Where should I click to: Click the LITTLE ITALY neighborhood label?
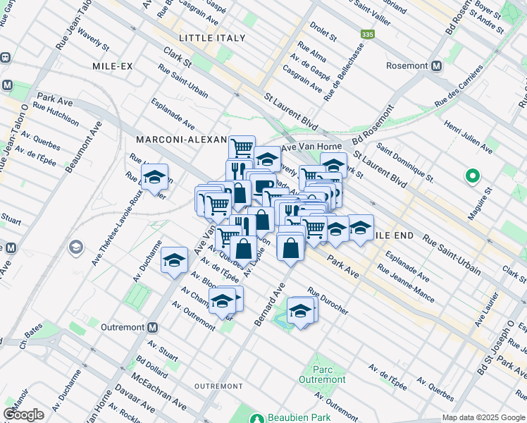point(212,37)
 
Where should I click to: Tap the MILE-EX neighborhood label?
point(113,66)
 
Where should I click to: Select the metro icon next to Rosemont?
point(436,66)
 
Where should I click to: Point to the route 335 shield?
point(367,34)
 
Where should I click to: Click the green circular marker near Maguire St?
point(472,176)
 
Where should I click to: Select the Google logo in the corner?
point(23,414)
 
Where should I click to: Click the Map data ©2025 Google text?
point(483,417)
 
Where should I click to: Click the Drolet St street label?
point(324,32)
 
